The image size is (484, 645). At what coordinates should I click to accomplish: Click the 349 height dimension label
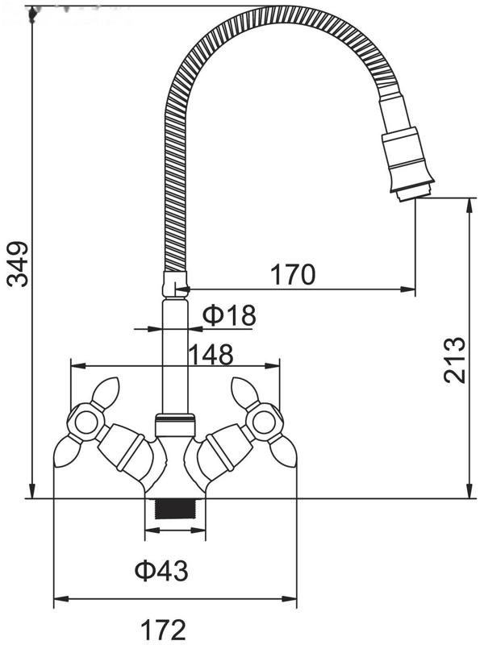(x=17, y=264)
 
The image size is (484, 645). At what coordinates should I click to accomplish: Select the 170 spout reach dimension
(x=293, y=274)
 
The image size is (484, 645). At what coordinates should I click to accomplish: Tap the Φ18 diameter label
(x=229, y=315)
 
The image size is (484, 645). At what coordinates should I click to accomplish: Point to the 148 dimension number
(x=211, y=354)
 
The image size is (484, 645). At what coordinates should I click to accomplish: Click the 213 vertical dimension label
(x=454, y=360)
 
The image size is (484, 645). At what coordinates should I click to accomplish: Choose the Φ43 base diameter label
(x=162, y=571)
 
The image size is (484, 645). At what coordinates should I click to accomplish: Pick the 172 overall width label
(x=164, y=629)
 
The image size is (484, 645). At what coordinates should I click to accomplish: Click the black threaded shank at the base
(x=174, y=509)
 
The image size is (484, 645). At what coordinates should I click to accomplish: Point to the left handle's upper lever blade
(x=106, y=391)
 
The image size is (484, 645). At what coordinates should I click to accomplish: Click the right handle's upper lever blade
(x=245, y=391)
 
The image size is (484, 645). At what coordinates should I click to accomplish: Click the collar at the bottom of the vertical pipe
(x=174, y=425)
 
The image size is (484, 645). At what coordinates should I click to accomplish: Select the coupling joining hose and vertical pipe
(x=175, y=284)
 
